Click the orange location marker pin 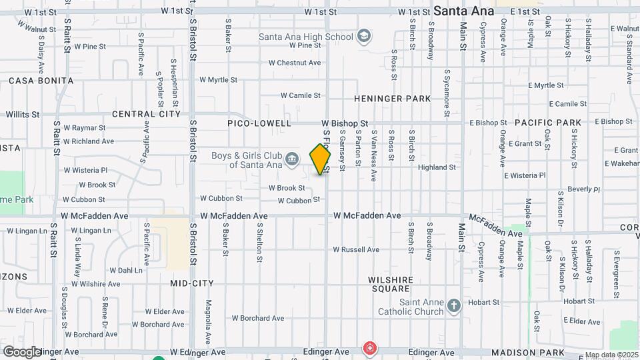320,159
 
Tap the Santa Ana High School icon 364,35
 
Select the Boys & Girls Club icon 292,159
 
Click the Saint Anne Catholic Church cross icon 454,306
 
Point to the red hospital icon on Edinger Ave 369,348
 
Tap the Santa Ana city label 464,11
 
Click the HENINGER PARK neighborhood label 392,99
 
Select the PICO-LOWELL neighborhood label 259,123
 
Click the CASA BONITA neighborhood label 41,81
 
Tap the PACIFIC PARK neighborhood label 548,123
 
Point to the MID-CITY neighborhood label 192,283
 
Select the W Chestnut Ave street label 295,63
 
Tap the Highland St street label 437,167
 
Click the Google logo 22,352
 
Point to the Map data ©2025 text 611,355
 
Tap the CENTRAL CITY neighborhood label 147,114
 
